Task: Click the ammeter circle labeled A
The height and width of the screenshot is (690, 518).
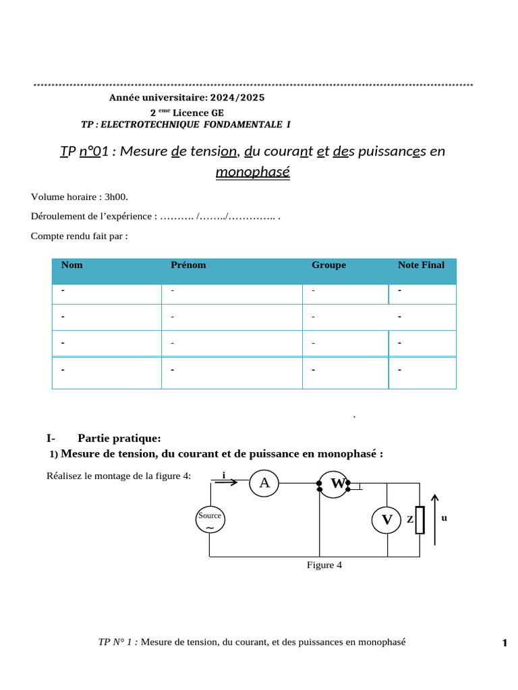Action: click(264, 482)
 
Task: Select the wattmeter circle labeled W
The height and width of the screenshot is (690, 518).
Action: click(333, 484)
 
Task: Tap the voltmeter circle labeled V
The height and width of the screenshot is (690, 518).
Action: click(387, 520)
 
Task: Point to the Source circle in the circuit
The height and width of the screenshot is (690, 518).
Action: click(210, 520)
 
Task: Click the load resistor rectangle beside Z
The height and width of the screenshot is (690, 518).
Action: click(420, 520)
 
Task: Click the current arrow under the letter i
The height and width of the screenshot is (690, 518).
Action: click(226, 482)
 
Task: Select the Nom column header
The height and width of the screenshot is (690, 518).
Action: click(72, 265)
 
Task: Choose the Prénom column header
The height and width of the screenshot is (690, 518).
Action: click(189, 265)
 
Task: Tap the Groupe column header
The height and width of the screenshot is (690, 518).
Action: click(328, 265)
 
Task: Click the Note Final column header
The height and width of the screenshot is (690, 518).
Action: click(421, 265)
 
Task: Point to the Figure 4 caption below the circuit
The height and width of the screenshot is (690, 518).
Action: click(324, 565)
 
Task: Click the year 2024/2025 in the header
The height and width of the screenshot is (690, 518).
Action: click(241, 98)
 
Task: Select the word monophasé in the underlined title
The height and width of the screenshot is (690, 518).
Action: click(253, 172)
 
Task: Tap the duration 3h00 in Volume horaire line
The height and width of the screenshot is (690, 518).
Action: click(115, 197)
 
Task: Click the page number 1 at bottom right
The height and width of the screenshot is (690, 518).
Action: click(504, 644)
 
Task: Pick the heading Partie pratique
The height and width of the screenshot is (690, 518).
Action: click(119, 438)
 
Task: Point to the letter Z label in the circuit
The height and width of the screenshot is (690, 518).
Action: click(409, 520)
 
